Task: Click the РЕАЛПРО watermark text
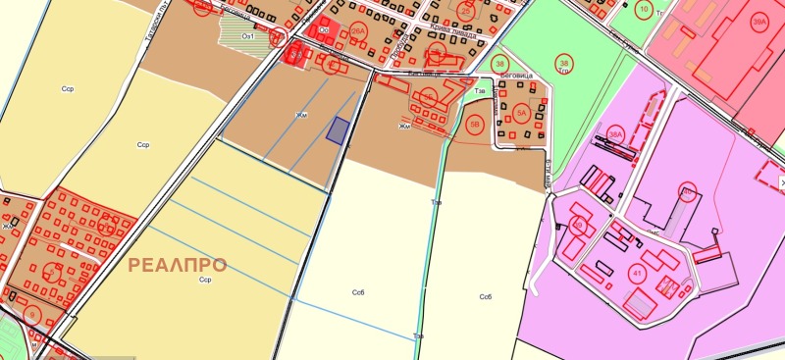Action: pyautogui.click(x=178, y=265)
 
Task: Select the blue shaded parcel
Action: pyautogui.click(x=339, y=130)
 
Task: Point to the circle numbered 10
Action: pyautogui.click(x=644, y=10)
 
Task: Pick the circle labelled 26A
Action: pyautogui.click(x=358, y=30)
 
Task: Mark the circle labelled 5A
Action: pyautogui.click(x=523, y=114)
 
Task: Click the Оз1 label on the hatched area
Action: pyautogui.click(x=248, y=36)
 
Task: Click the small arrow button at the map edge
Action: pyautogui.click(x=781, y=182)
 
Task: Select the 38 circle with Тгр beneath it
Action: pyautogui.click(x=563, y=61)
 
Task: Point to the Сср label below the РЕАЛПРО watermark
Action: pyautogui.click(x=205, y=280)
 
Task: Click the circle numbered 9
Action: pyautogui.click(x=32, y=316)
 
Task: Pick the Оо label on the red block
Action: pyautogui.click(x=324, y=30)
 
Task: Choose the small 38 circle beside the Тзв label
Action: pyautogui.click(x=497, y=65)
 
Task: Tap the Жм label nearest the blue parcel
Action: pyautogui.click(x=301, y=115)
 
